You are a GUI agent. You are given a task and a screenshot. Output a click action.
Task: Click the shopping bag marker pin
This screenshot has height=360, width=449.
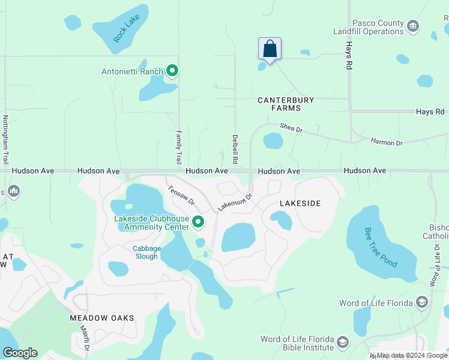(270, 49)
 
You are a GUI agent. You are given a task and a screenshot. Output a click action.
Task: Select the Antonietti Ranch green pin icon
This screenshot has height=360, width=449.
(172, 71)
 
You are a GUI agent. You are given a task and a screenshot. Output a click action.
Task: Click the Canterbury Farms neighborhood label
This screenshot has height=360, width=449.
(286, 104)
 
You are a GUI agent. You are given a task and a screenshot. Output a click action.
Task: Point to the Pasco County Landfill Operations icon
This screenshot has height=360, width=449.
(412, 26)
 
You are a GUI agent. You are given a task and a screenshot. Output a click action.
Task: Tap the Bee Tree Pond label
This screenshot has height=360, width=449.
(382, 247)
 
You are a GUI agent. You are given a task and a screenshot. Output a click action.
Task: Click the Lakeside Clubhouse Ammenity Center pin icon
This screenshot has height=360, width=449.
(198, 223)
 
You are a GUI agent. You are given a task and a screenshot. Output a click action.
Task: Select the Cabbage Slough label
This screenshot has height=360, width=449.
(146, 253)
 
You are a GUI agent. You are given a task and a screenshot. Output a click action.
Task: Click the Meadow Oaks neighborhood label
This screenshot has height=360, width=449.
(101, 317)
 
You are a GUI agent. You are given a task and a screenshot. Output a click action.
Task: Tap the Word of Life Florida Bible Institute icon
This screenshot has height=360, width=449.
(343, 343)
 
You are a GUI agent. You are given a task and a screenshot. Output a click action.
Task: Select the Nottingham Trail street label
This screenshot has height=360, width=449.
(5, 140)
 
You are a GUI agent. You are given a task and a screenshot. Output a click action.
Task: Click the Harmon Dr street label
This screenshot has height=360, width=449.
(387, 142)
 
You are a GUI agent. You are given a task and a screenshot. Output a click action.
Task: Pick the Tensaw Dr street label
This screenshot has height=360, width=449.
(178, 193)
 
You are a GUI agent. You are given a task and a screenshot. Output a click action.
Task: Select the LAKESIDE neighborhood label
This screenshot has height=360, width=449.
(300, 203)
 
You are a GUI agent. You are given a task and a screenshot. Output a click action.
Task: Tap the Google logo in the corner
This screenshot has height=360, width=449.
(20, 353)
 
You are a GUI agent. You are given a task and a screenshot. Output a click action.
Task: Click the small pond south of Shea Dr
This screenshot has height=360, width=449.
(273, 141)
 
